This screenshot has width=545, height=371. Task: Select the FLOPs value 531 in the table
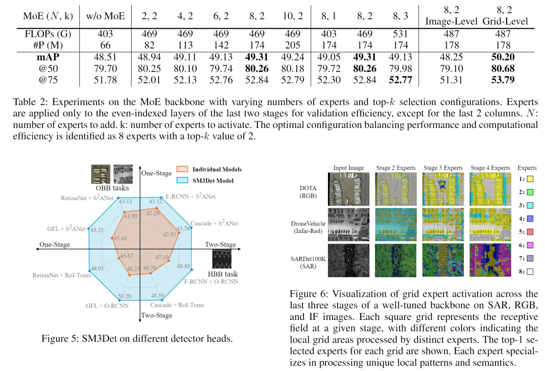(x=400, y=34)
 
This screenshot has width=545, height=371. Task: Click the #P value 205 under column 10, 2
(x=293, y=45)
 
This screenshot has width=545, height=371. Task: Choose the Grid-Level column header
(x=505, y=21)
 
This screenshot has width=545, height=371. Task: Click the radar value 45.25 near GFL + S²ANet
(x=97, y=230)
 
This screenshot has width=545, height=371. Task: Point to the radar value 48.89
(x=183, y=266)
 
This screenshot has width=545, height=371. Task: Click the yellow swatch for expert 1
(x=529, y=178)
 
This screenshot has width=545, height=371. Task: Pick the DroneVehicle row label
(x=308, y=227)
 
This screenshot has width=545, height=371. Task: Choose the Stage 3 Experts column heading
(x=443, y=168)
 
